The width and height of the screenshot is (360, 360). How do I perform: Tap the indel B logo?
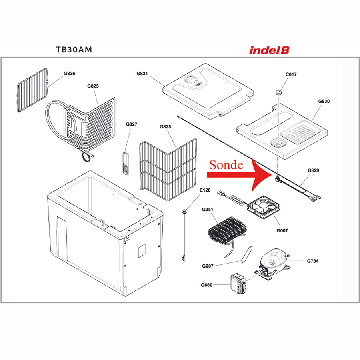point(269,50)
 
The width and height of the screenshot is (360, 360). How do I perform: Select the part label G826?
point(69,74)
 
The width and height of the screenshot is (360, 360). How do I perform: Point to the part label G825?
point(93,86)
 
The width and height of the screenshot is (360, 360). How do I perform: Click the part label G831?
point(142,74)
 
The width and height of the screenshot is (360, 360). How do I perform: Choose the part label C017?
point(291,74)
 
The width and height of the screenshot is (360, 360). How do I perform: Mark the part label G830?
point(324,102)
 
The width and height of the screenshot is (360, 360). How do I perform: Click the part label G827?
point(131,124)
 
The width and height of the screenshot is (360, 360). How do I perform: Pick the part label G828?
point(165,127)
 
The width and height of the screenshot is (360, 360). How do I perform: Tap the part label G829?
point(313,171)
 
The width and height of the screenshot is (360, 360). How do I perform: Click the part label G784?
point(313,261)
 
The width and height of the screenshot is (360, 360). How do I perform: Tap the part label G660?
point(206,285)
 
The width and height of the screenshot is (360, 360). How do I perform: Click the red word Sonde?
point(226,165)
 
